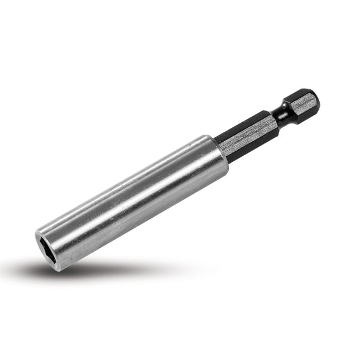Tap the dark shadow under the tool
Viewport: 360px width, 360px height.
coord(84,272)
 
